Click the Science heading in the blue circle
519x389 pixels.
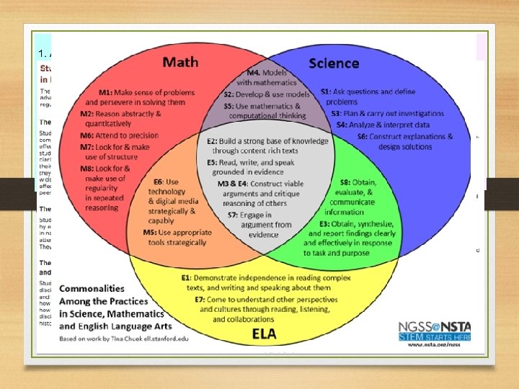[334, 63]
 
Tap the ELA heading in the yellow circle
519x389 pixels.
[265, 334]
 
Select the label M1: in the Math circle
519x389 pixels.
[107, 93]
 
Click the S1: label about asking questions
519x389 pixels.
[326, 91]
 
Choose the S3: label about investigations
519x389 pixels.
[336, 113]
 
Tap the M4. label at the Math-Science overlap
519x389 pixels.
[254, 72]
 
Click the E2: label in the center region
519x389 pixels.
[216, 141]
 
